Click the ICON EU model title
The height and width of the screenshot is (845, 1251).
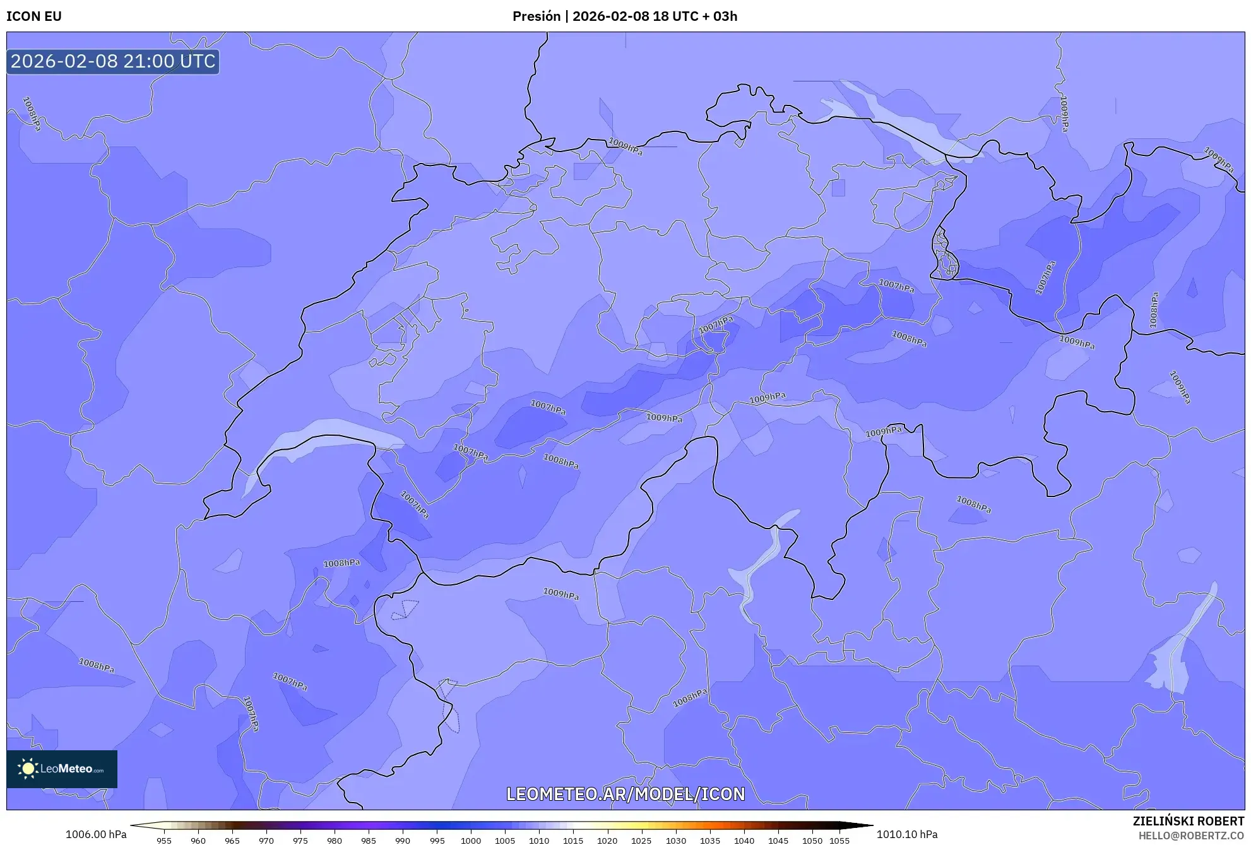pos(34,16)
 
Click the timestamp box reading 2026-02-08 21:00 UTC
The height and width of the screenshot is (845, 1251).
pos(113,61)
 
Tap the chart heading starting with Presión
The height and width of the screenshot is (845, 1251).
pos(624,16)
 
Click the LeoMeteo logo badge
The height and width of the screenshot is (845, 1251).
pos(62,769)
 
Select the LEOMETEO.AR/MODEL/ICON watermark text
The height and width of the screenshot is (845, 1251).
pos(625,794)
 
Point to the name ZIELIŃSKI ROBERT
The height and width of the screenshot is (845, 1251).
pos(1188,821)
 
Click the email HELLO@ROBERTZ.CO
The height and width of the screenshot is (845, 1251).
pos(1190,836)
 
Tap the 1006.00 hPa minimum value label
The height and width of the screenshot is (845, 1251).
pos(96,834)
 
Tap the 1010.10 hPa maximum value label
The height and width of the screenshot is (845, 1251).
pos(906,834)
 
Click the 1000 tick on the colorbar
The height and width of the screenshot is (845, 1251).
pos(471,841)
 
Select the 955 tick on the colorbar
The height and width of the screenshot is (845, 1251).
pos(164,841)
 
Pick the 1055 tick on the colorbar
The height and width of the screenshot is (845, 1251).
pos(839,841)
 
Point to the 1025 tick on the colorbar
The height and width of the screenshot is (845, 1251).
pos(641,841)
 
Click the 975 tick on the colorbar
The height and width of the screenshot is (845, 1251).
pos(300,841)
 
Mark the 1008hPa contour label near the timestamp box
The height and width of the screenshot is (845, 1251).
pos(32,114)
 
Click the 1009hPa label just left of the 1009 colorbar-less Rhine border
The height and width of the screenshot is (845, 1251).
pos(625,147)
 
